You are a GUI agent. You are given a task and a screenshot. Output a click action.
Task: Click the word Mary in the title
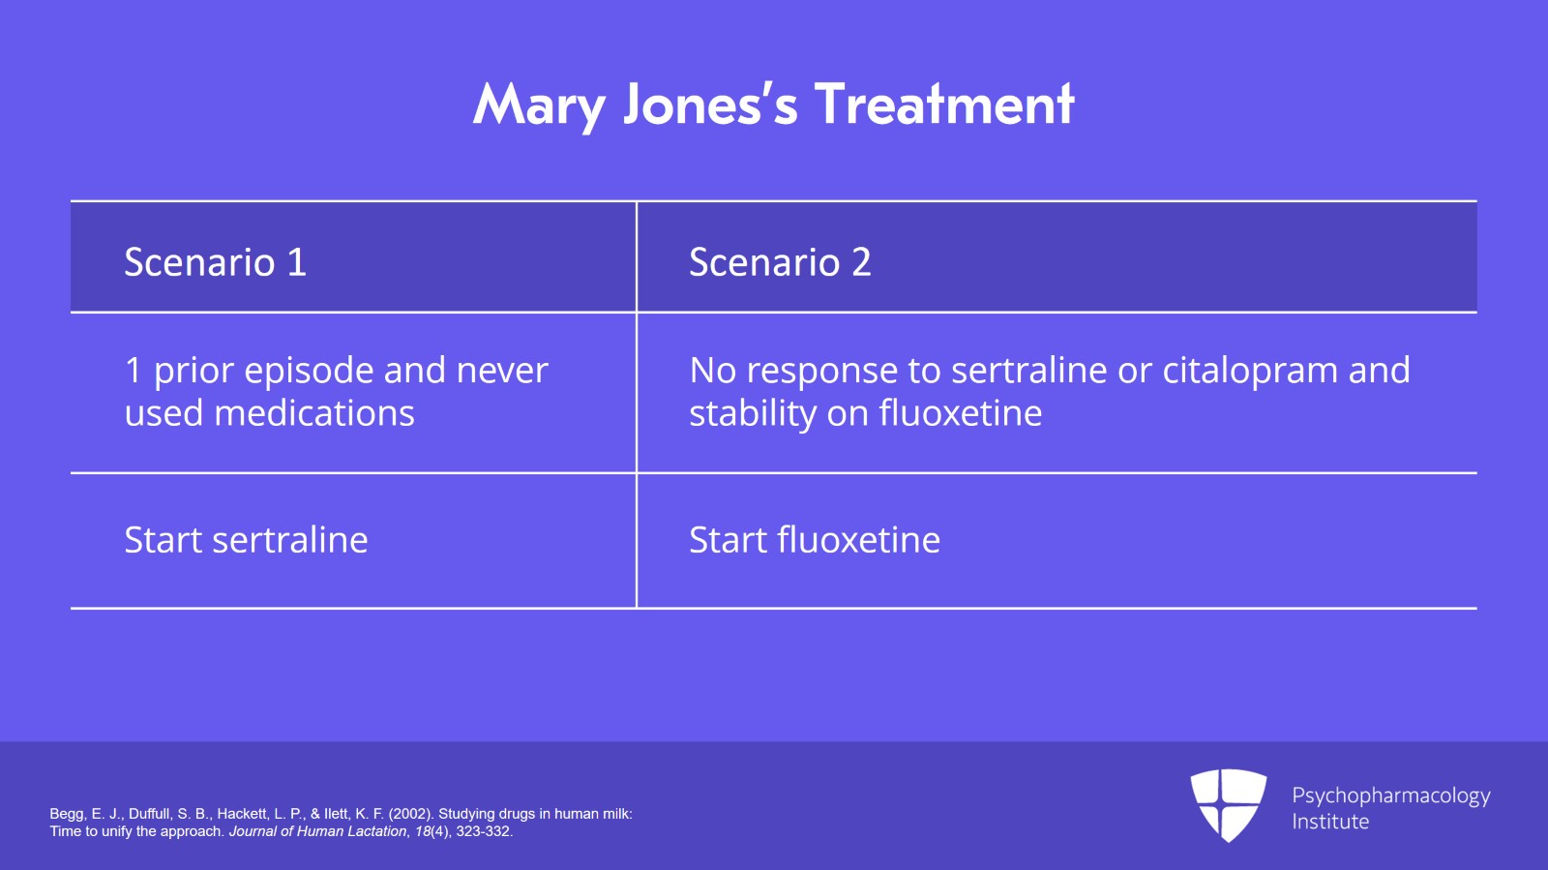coord(540,105)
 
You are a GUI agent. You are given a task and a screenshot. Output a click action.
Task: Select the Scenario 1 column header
coord(215,262)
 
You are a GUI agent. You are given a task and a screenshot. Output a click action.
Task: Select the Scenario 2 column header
coord(780,262)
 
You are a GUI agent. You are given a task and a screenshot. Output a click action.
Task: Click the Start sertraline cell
coord(246,540)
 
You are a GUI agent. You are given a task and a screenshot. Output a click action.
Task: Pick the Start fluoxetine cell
coord(815,540)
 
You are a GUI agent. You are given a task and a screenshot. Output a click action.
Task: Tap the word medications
coord(314,413)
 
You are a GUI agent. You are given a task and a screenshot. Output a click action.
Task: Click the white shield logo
coord(1228,805)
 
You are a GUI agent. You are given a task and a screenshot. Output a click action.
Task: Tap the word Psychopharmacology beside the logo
coord(1391,796)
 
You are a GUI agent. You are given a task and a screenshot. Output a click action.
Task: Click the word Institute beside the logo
coord(1330,822)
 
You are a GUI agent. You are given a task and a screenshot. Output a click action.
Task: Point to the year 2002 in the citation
coord(411,814)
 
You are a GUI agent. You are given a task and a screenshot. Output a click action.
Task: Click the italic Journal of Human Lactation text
coord(318,831)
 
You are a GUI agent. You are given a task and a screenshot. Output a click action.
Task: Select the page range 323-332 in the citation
coord(484,831)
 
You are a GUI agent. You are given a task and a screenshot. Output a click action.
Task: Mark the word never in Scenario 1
coord(502,371)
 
